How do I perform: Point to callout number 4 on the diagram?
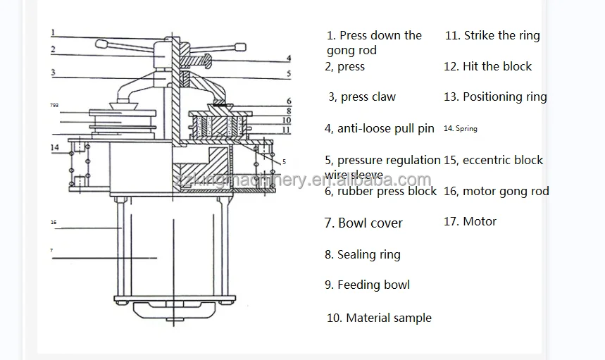point(289,58)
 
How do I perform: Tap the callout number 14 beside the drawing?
point(55,147)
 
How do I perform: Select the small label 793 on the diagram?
point(54,106)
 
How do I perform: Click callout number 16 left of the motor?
point(54,223)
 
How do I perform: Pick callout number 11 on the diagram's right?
point(287,130)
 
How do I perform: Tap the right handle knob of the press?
point(239,48)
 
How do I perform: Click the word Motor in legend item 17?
point(480,221)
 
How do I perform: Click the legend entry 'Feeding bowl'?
point(373,285)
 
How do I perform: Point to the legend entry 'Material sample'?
point(388,318)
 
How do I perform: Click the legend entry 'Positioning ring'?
point(504,97)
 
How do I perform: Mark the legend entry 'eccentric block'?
point(502,160)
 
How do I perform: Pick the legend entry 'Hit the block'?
point(497,66)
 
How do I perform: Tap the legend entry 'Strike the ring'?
point(501,35)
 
